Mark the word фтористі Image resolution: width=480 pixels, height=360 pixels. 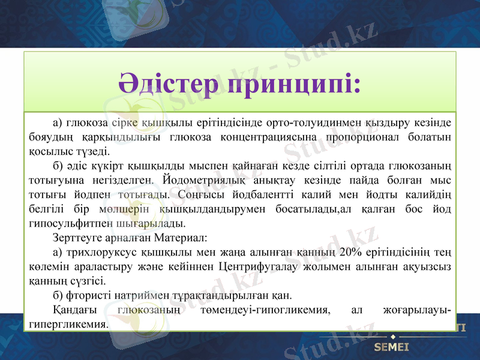click(83, 295)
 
